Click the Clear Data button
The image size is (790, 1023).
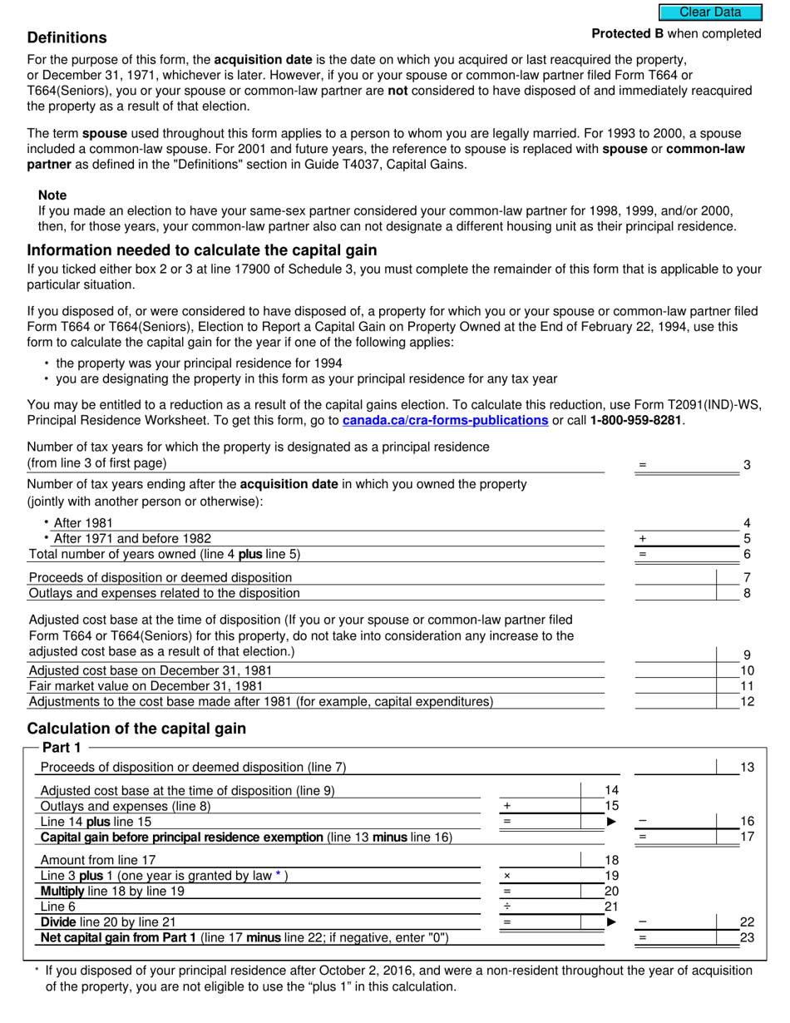(x=710, y=12)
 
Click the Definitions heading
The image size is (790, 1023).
(x=67, y=38)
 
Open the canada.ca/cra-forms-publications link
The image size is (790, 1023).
(x=445, y=421)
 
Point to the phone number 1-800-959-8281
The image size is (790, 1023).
(x=636, y=421)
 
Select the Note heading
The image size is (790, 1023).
(x=52, y=195)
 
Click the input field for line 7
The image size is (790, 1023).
(x=675, y=577)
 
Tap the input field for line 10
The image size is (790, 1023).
(x=675, y=670)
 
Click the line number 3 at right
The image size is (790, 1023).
(x=747, y=465)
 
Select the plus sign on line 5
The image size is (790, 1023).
(x=642, y=539)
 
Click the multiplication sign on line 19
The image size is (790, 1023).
(x=506, y=876)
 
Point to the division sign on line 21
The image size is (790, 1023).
(x=506, y=907)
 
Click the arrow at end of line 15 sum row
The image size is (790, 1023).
(x=612, y=822)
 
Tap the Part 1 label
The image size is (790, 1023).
(x=62, y=748)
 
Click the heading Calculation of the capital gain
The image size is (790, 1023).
(x=136, y=729)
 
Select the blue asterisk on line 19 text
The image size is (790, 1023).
(x=279, y=875)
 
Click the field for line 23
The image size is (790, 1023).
(x=675, y=937)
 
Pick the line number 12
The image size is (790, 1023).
(x=747, y=702)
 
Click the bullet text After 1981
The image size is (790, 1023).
(x=82, y=523)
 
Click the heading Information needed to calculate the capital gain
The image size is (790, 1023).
(x=202, y=250)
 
